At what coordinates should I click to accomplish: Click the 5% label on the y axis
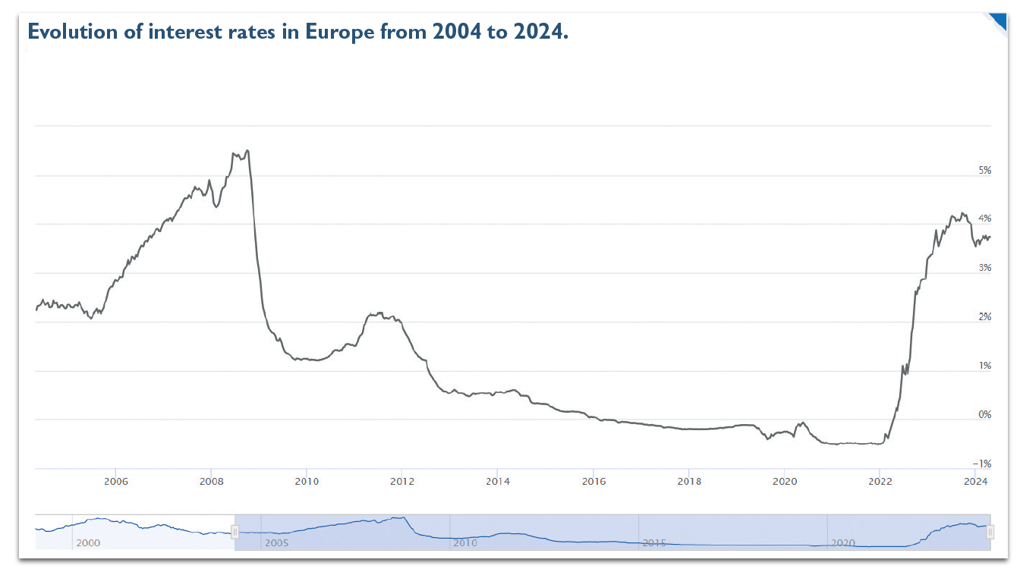pos(985,171)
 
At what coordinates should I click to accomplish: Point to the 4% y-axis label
pos(985,219)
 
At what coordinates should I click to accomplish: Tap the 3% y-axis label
pos(985,269)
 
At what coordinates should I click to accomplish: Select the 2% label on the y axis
pos(985,317)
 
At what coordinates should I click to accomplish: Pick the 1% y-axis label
pos(985,366)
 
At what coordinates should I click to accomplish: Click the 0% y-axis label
pos(985,415)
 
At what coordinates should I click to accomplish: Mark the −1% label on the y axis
pos(983,464)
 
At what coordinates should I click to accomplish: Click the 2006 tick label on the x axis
pos(115,482)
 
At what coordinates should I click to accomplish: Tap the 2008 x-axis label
pos(211,482)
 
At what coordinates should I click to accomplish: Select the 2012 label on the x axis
pos(402,482)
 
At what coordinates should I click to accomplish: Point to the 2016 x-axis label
pos(593,482)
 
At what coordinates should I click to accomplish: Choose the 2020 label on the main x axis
pos(784,482)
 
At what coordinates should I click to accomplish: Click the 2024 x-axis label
pos(975,482)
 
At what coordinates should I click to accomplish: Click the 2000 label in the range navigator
pos(88,543)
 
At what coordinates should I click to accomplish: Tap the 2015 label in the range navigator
pos(654,543)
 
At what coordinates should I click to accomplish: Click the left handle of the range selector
pos(235,533)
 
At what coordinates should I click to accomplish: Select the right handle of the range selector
pos(990,533)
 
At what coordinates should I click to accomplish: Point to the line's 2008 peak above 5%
pos(247,151)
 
